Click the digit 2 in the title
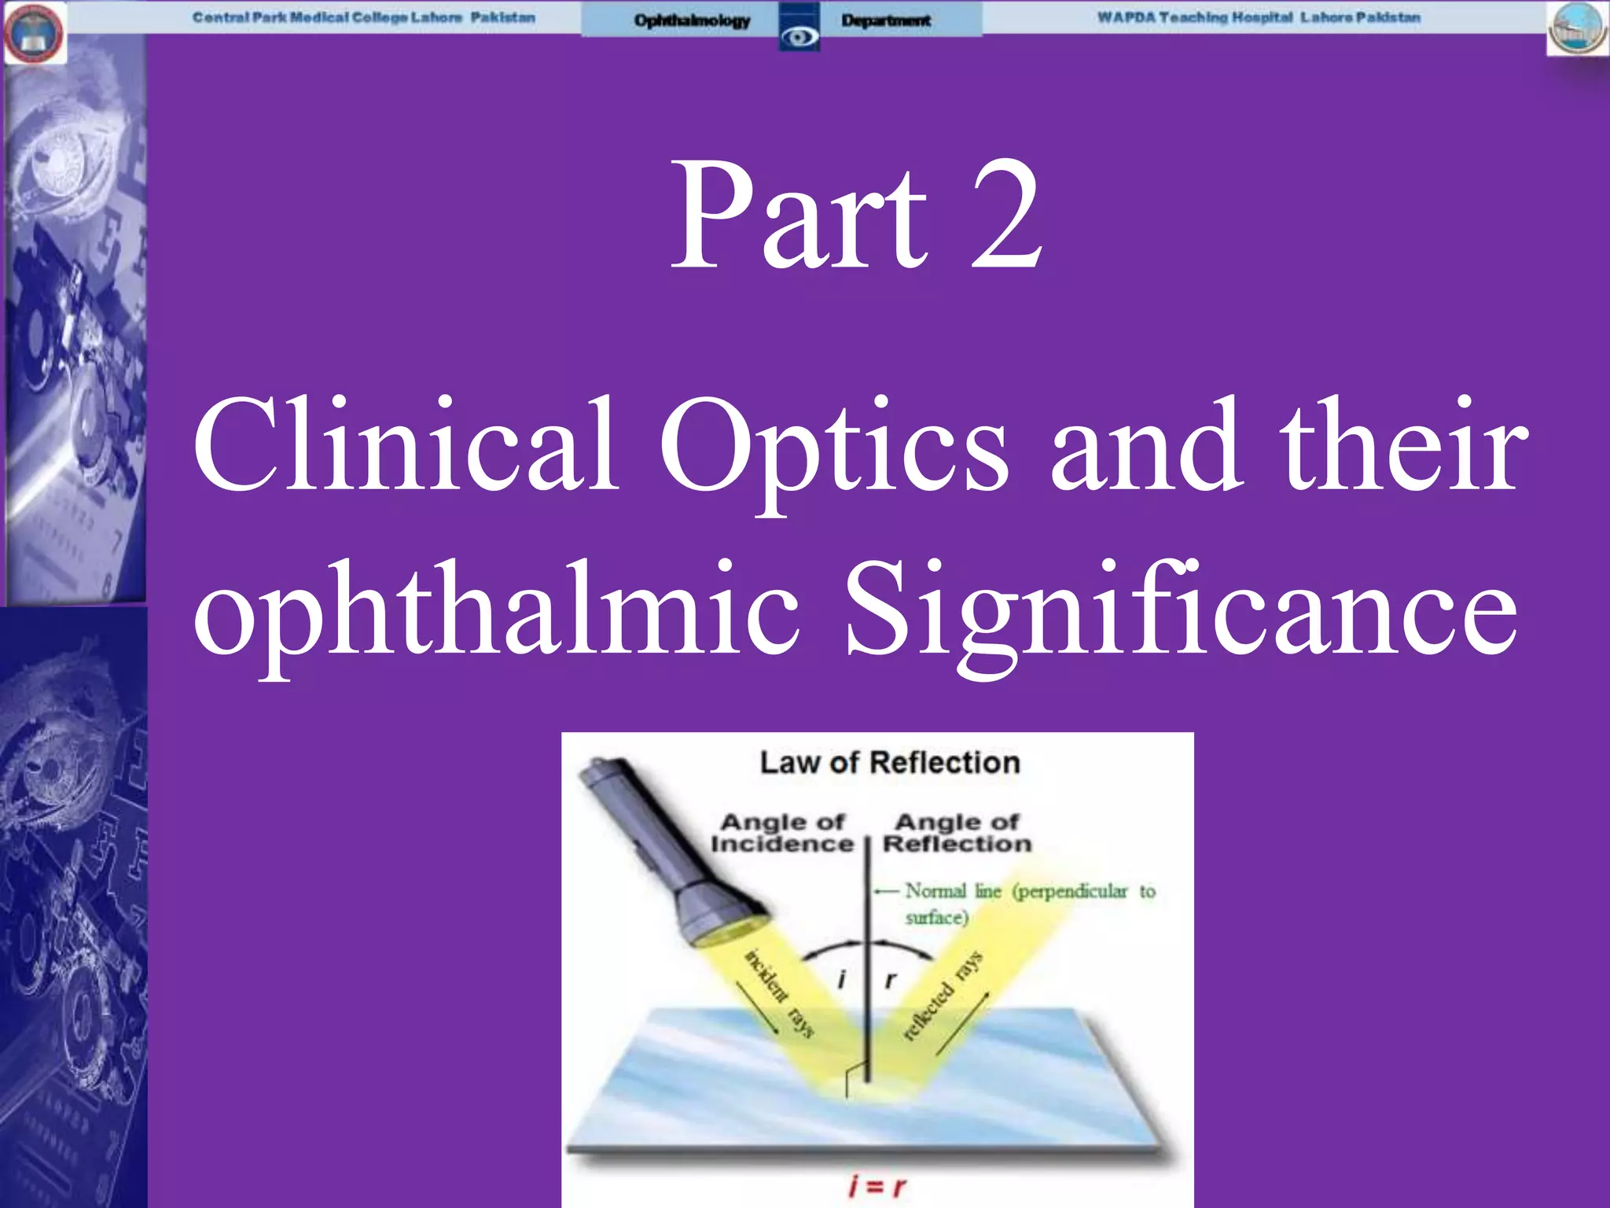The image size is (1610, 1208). tap(1006, 216)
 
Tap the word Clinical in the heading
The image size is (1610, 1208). tap(405, 444)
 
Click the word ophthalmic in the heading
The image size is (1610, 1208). tap(495, 610)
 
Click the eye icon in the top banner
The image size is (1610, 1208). tap(799, 36)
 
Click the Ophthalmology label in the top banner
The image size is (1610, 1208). tap(692, 20)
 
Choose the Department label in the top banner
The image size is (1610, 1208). tap(886, 20)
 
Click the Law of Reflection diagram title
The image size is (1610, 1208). tap(890, 763)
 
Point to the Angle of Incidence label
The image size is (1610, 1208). tap(782, 833)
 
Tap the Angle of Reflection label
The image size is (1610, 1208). tap(957, 833)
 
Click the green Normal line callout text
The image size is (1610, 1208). tap(1022, 902)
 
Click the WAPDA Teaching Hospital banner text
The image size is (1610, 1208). tap(1259, 17)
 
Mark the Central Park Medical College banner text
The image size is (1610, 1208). tap(364, 17)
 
